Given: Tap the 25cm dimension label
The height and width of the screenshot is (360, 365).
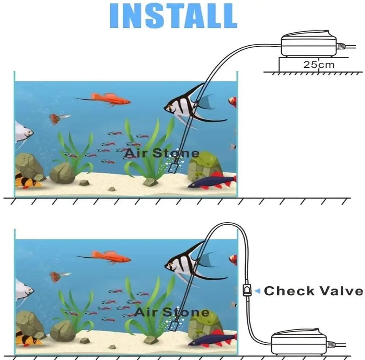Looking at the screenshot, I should [319, 64].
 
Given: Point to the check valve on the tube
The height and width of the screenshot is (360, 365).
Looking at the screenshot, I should [246, 292].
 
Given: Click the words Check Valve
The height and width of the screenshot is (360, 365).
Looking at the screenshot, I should [313, 291].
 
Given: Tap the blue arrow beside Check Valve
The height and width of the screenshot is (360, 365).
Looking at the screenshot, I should [257, 291].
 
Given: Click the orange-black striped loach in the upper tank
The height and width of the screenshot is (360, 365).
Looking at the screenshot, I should [27, 181].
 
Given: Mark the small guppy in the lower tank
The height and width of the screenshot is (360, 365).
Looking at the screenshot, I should [57, 276].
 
